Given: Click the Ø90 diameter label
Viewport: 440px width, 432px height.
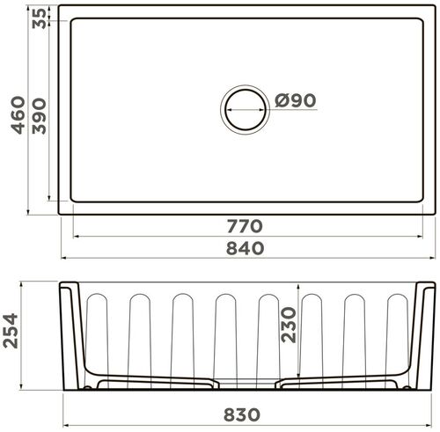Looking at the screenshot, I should click(x=295, y=102).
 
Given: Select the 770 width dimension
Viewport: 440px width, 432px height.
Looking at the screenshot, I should click(x=245, y=227).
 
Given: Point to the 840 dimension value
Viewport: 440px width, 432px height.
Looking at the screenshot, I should click(x=245, y=249).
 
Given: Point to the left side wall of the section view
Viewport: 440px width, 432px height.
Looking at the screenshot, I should click(x=71, y=339).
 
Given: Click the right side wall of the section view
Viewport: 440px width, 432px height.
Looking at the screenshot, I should click(x=423, y=339).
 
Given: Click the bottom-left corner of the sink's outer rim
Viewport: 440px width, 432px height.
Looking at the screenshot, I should click(x=60, y=213).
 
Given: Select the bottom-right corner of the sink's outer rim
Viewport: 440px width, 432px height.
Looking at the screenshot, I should click(x=434, y=213).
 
